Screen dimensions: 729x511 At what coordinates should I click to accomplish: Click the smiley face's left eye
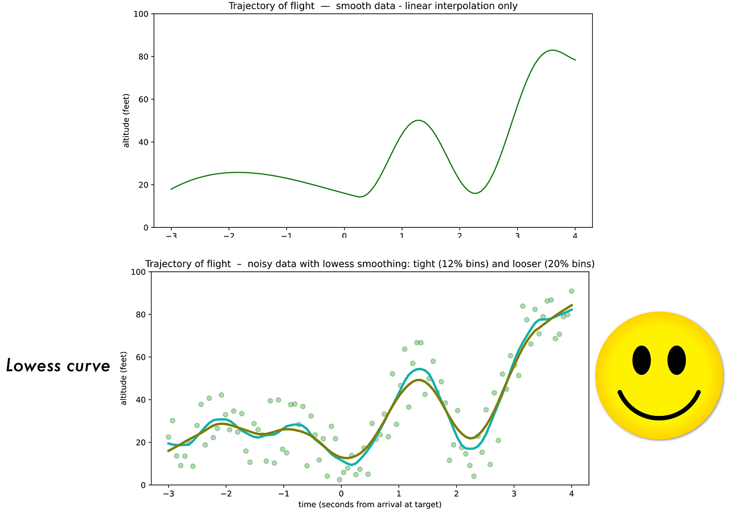tap(641, 360)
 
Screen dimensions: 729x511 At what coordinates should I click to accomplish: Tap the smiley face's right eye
tap(677, 360)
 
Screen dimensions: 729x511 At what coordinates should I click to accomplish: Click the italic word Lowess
tap(34, 366)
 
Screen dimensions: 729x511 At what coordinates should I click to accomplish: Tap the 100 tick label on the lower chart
tap(138, 272)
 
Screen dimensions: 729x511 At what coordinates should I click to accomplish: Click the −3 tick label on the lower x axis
tap(169, 494)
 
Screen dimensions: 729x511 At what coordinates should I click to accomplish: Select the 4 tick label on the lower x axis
tap(571, 494)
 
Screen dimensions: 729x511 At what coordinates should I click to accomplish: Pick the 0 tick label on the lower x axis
tap(341, 494)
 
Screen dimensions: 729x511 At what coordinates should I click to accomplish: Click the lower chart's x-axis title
tap(370, 505)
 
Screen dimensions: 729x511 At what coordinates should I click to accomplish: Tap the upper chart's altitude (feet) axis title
tap(126, 120)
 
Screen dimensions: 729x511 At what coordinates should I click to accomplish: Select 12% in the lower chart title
tap(448, 264)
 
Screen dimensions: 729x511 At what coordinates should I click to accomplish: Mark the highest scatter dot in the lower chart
tap(571, 291)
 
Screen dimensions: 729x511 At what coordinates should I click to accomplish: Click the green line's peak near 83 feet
tap(552, 50)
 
